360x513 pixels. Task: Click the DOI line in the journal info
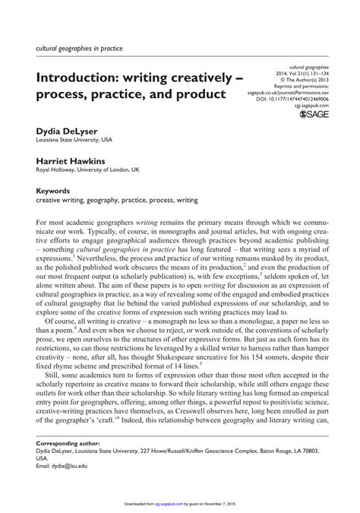[295, 98]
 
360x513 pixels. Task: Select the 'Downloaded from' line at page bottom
[179, 503]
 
